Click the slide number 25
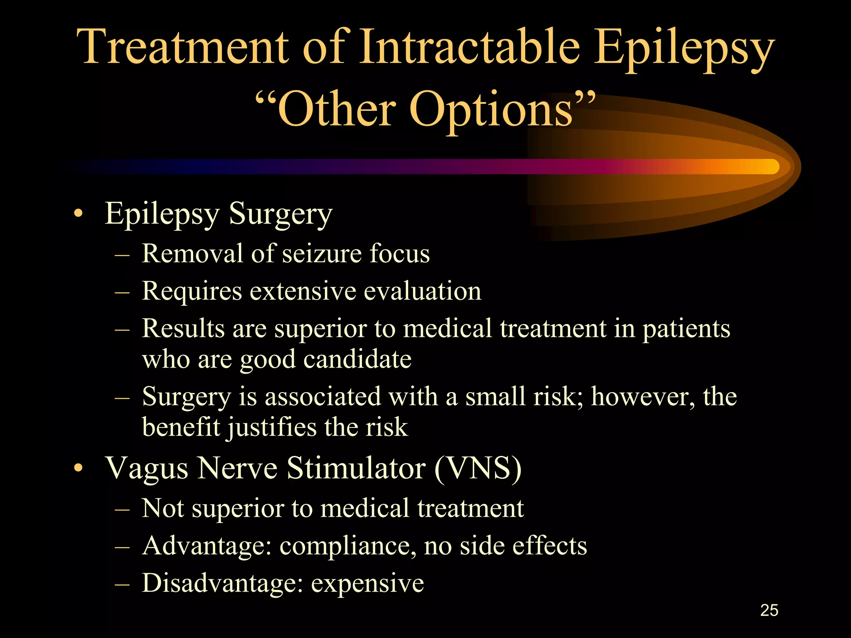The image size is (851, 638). [769, 610]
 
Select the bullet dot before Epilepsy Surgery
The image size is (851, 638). [78, 214]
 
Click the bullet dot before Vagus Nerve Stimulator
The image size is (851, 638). [78, 469]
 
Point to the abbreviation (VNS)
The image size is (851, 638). [478, 468]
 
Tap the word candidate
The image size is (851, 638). [357, 359]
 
